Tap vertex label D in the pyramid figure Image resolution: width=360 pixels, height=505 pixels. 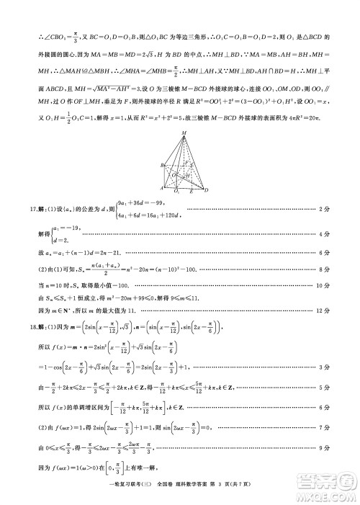(x=207, y=192)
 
